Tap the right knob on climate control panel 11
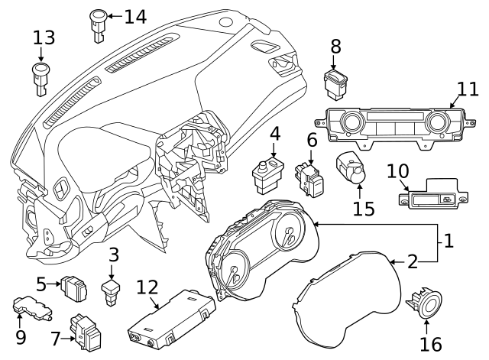pos(438,122)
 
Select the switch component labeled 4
pos(268,174)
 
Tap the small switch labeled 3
pos(112,290)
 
